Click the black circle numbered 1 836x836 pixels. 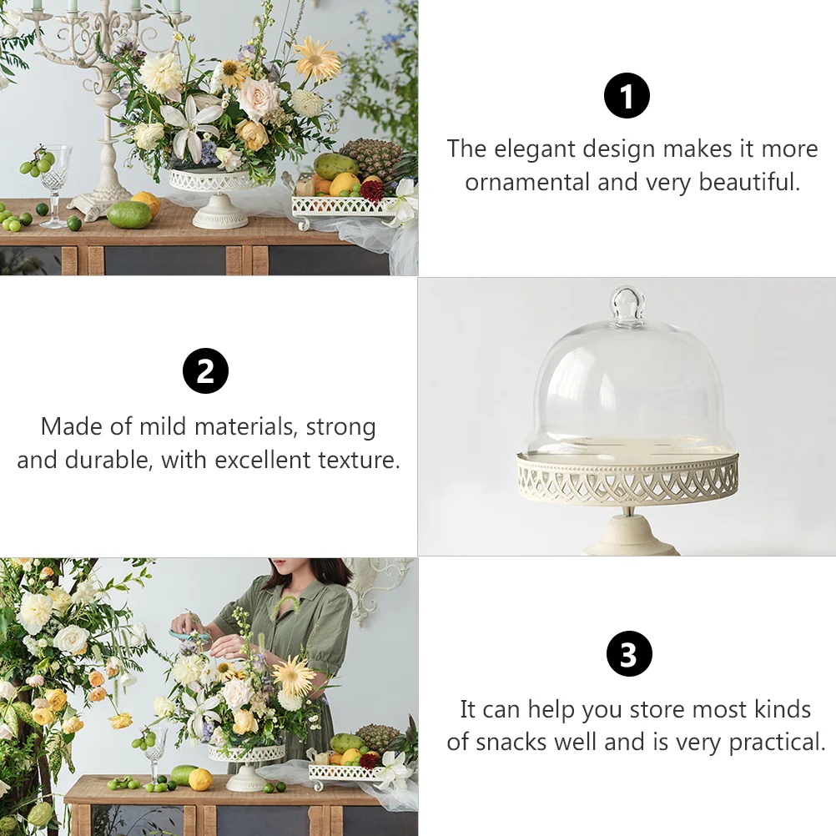pyautogui.click(x=627, y=96)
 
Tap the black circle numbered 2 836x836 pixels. pyautogui.click(x=205, y=371)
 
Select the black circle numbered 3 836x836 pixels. pyautogui.click(x=629, y=653)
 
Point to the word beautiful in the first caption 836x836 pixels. pyautogui.click(x=749, y=182)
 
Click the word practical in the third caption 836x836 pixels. pyautogui.click(x=777, y=743)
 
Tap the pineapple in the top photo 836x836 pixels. pyautogui.click(x=371, y=159)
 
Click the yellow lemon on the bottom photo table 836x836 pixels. pyautogui.click(x=200, y=779)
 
